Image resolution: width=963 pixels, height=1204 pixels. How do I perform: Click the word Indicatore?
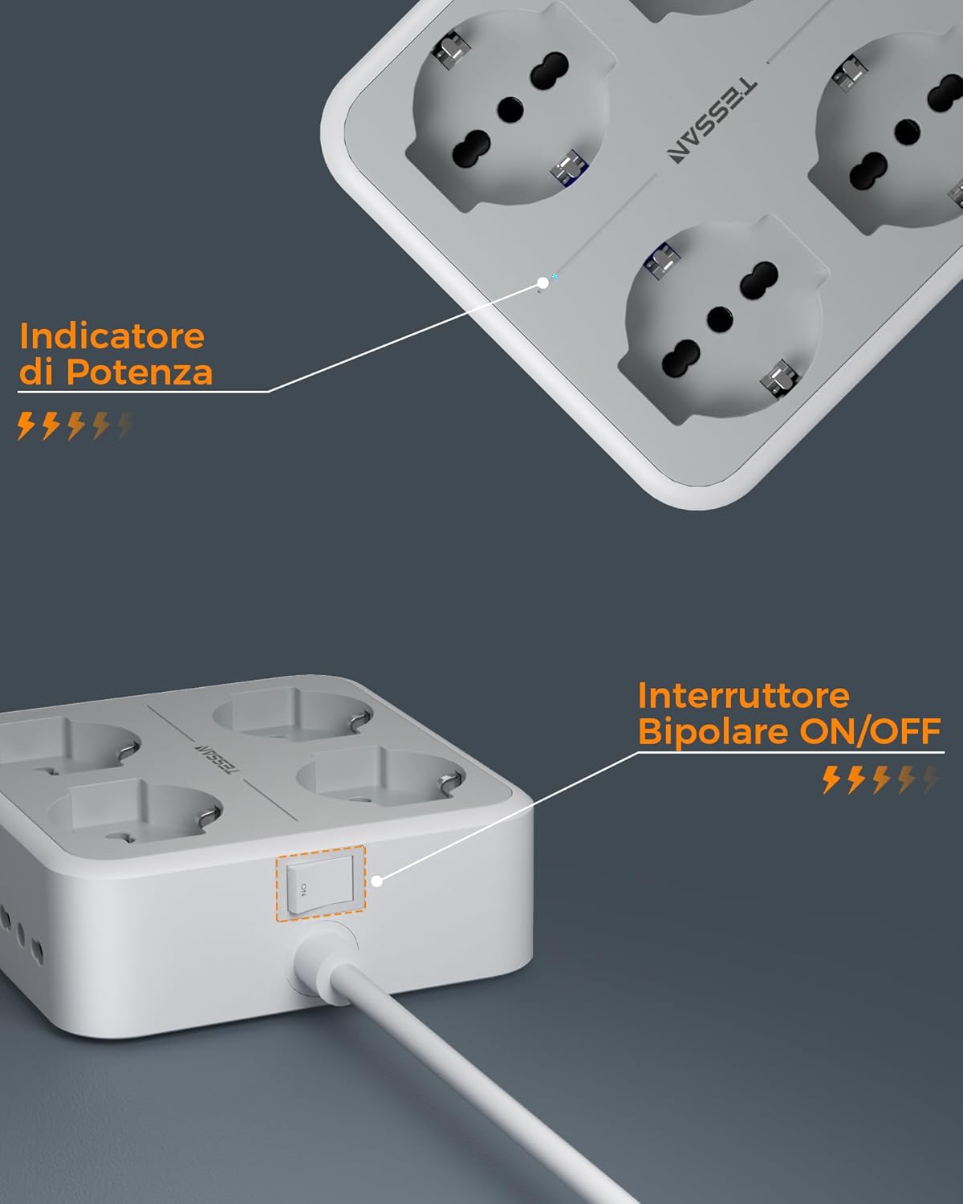coord(112,336)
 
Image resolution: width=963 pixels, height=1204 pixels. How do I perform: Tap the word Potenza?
coord(139,372)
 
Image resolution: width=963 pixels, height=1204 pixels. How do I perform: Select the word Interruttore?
coord(743,695)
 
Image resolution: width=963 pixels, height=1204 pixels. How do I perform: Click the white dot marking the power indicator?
coord(543,283)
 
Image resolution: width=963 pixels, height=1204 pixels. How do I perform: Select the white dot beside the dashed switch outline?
coord(376,881)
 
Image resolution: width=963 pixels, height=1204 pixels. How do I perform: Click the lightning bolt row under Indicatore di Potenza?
coord(75,425)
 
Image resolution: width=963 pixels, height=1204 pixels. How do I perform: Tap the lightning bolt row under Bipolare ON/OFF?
coord(880,779)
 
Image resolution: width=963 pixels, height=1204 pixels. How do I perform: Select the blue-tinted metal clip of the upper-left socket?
coord(568,169)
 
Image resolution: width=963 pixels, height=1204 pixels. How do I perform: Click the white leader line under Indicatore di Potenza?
coord(144,392)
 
